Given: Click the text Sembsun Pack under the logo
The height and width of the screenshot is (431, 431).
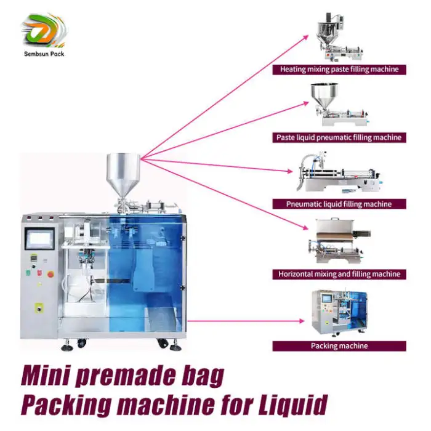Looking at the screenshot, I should click(x=42, y=54).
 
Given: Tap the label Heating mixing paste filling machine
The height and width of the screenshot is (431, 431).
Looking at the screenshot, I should click(x=339, y=70).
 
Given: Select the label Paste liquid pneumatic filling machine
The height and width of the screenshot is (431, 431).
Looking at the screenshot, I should click(x=339, y=137).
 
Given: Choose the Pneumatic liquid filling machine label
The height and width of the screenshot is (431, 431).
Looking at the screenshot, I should click(x=339, y=204).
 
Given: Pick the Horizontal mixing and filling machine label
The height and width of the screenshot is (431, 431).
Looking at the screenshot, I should click(x=339, y=274).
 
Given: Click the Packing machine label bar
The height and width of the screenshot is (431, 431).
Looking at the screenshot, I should click(x=339, y=346).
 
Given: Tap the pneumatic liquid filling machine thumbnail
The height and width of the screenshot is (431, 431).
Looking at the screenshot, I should click(x=338, y=175).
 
